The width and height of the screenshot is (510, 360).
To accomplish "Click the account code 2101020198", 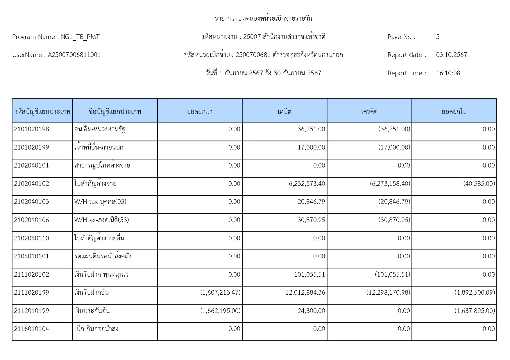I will point(31,129).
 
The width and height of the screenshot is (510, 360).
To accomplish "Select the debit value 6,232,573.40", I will point(307,184).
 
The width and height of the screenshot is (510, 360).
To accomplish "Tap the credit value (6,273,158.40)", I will point(390,184).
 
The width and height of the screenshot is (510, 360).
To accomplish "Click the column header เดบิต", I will point(284,111).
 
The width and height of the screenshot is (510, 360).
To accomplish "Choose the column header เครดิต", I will point(369,111).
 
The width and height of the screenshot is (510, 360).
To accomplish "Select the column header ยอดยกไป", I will point(454,111).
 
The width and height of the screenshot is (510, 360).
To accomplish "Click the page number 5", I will point(438,37).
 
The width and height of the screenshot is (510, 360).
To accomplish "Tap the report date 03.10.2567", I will point(451,55).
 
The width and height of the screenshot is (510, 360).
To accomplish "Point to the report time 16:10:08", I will point(448,73).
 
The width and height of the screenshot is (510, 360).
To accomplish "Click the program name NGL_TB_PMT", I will point(80,37).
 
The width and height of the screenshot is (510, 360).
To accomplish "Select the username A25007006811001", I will point(74,55).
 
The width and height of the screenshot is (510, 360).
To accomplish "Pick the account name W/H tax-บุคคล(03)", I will point(100,202).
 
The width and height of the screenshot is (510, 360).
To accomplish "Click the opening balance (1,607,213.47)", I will point(220,293).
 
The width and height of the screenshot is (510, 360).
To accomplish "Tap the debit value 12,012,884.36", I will point(305,293).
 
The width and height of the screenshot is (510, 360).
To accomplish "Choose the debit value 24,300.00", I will point(311,311).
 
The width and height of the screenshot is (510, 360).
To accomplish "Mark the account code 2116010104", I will point(31,329).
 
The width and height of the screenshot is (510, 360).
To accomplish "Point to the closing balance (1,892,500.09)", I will point(475,293).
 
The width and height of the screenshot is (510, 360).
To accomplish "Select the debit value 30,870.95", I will point(311,220).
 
